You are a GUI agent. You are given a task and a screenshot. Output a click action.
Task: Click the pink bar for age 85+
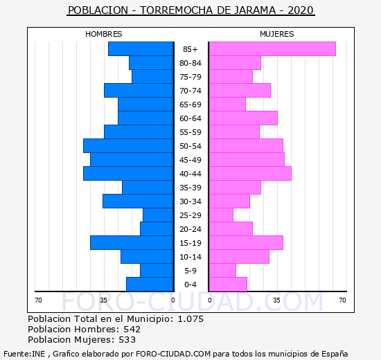[272, 49]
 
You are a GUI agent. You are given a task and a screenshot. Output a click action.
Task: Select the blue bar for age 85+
[141, 49]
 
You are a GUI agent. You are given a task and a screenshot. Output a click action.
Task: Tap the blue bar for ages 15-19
[132, 243]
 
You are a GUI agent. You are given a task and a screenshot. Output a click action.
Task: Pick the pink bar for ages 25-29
[221, 215]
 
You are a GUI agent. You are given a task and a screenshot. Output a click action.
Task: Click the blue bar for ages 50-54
[128, 146]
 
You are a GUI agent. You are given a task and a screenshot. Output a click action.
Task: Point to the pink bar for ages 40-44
[250, 174]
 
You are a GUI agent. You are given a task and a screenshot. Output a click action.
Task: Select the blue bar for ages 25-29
[158, 215]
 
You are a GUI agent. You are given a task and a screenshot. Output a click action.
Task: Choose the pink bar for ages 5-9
[222, 271]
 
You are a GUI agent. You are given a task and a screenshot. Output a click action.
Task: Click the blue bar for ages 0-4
[150, 285]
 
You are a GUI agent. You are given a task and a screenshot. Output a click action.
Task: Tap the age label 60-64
[190, 118]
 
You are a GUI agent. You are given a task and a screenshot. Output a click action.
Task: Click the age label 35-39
[190, 188]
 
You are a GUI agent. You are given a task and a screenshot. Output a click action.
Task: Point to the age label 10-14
[190, 257]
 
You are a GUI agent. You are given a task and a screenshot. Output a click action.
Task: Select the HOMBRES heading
[104, 34]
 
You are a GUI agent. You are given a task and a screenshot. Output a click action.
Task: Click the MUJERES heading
[277, 34]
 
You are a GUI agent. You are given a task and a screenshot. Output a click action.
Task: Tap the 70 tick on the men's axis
[38, 300]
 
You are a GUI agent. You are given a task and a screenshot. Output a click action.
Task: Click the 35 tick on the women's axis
[276, 300]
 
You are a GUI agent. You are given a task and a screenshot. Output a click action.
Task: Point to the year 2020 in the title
[301, 10]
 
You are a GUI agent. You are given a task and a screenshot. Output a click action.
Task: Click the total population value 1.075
[190, 319]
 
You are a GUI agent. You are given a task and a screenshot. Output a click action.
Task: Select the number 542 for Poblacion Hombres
[132, 330]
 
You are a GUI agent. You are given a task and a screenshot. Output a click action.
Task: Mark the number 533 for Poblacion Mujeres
[127, 340]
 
